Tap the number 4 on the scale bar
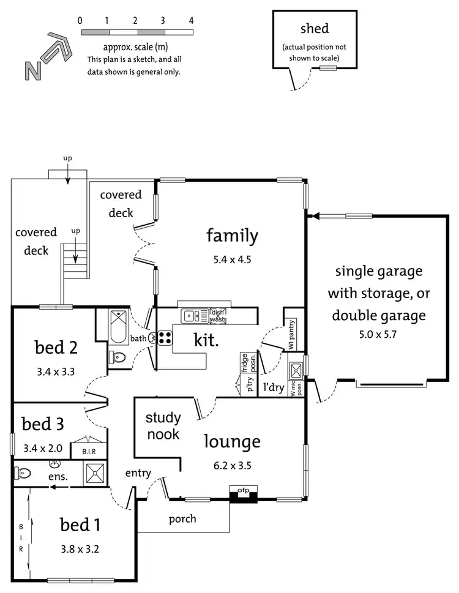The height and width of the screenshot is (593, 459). tap(192, 20)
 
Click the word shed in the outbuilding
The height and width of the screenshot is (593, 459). tap(315, 29)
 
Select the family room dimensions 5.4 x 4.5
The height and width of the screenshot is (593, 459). tap(232, 259)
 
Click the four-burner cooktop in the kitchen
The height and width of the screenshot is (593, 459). tap(165, 338)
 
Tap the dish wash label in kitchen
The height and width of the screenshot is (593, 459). tap(218, 315)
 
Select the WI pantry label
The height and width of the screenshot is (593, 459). tap(291, 336)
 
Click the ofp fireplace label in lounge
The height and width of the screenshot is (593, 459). tap(243, 490)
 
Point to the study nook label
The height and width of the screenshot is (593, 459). tap(163, 426)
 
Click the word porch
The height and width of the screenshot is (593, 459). tap(182, 519)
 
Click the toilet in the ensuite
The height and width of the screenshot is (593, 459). tap(23, 472)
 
